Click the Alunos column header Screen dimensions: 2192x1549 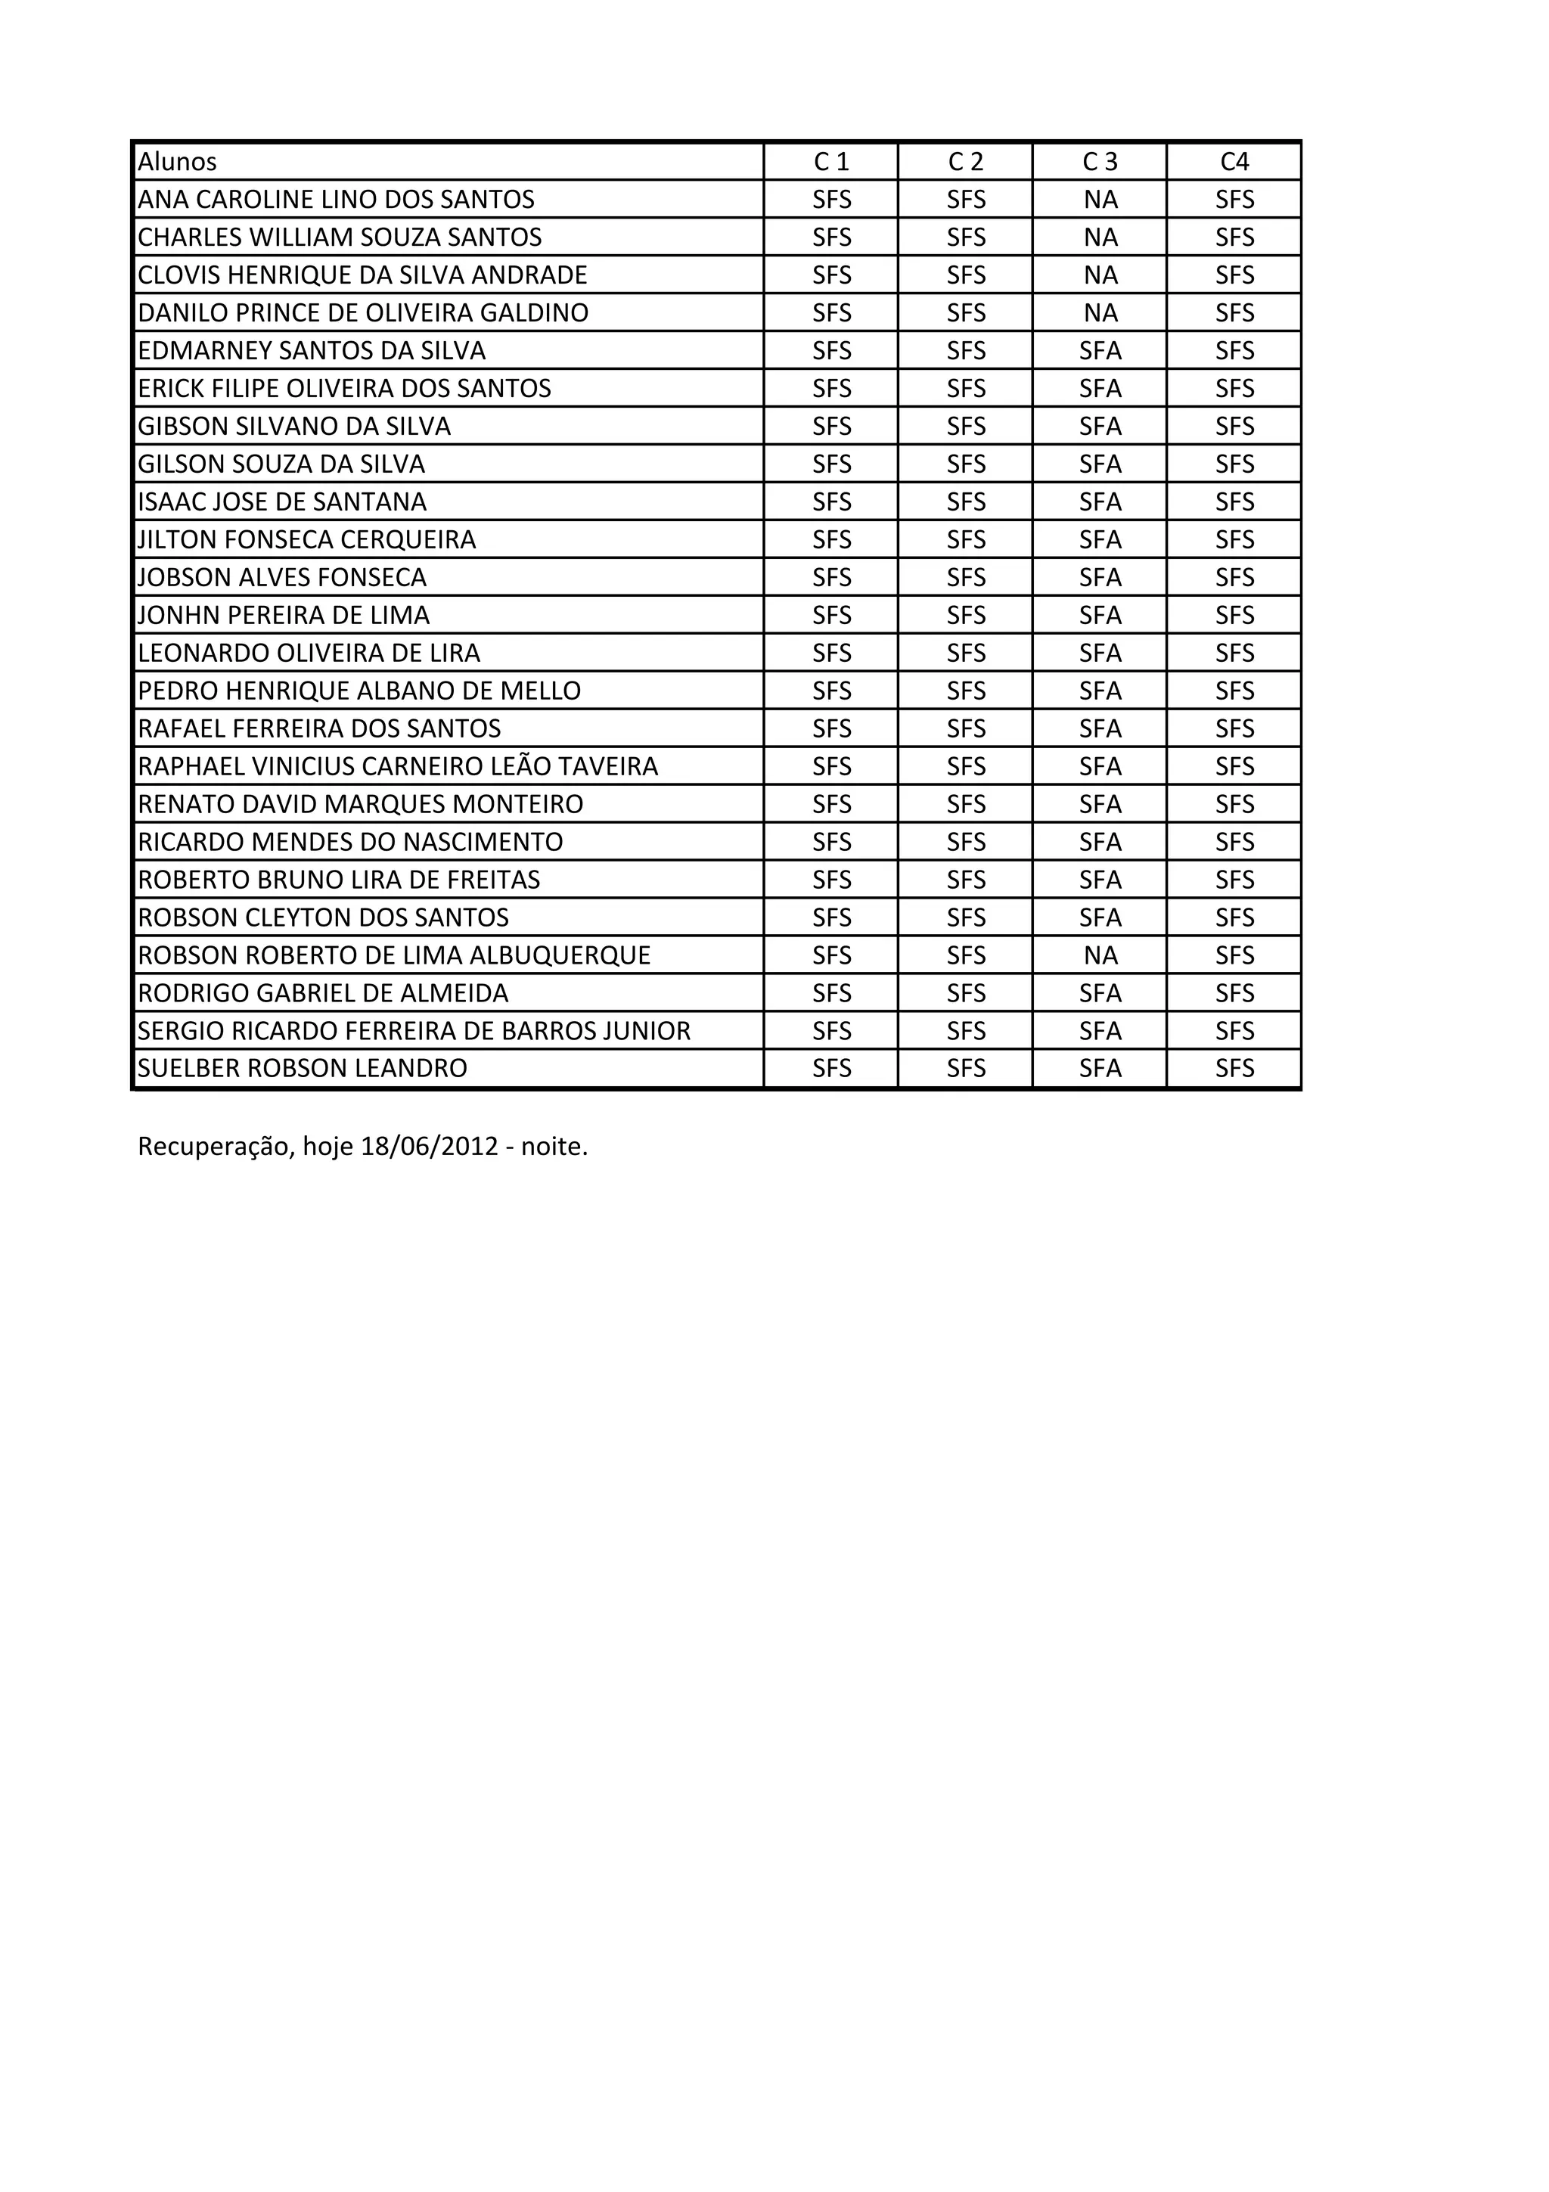(x=178, y=161)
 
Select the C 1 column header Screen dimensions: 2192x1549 (x=831, y=161)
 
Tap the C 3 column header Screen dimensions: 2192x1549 (x=1100, y=161)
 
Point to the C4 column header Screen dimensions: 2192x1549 (x=1234, y=161)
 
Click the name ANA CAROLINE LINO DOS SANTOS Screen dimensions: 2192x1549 (x=336, y=200)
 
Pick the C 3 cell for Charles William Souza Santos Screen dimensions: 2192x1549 (x=1100, y=237)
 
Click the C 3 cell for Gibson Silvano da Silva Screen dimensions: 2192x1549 (x=1100, y=426)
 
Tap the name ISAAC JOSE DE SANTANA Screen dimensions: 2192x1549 (x=283, y=501)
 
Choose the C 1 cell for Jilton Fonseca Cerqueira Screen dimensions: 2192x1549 (x=831, y=539)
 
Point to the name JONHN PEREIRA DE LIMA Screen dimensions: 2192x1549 (x=284, y=615)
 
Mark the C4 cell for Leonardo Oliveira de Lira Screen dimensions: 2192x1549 (x=1234, y=653)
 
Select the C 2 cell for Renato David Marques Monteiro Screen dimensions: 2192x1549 (x=966, y=804)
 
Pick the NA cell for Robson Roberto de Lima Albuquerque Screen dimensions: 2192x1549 (x=1100, y=955)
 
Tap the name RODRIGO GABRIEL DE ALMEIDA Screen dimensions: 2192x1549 (x=324, y=993)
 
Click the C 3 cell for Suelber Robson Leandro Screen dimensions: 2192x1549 (x=1100, y=1068)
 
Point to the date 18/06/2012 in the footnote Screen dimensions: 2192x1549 (x=430, y=1146)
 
